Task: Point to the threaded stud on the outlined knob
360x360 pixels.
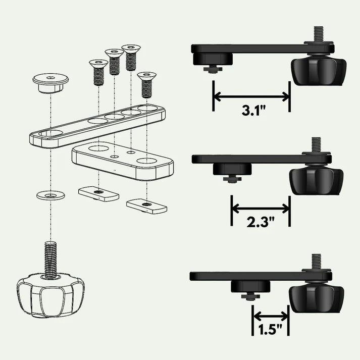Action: [x=50, y=258]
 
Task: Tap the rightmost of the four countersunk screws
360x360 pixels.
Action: [x=146, y=84]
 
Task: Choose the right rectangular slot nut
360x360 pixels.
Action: [x=147, y=204]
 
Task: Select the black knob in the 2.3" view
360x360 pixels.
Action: [x=317, y=179]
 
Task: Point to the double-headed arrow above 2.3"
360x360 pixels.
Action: [x=261, y=207]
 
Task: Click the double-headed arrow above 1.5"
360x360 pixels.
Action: [x=271, y=316]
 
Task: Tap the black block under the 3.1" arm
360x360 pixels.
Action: [x=212, y=59]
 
